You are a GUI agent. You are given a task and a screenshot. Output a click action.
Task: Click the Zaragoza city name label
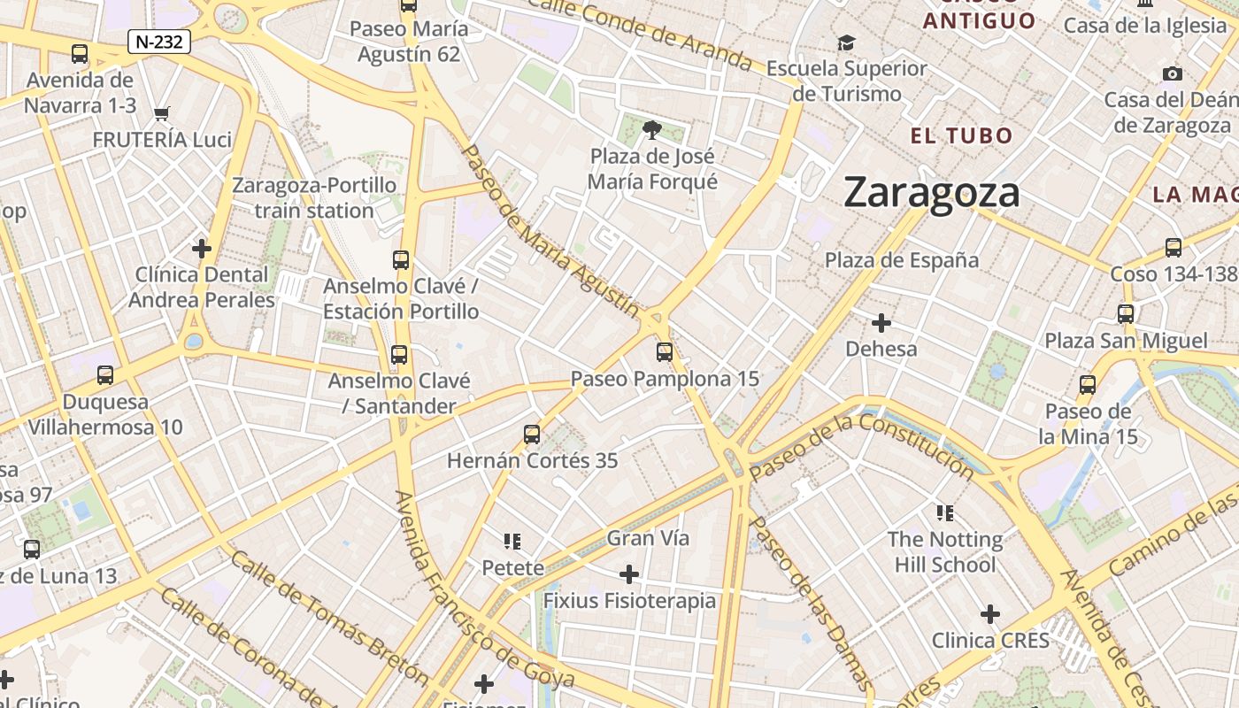coord(931,192)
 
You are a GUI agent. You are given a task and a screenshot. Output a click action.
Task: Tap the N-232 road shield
coord(159,42)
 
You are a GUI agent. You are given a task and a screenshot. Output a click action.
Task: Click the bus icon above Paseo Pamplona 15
coord(665,352)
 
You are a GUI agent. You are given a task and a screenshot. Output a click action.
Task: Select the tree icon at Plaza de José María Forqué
coord(652,130)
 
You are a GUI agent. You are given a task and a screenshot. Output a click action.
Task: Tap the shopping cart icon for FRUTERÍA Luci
coord(161,113)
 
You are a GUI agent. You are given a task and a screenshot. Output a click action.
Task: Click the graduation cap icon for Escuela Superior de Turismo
coord(847,42)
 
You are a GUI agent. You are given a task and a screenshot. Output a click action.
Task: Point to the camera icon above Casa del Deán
coord(1173,74)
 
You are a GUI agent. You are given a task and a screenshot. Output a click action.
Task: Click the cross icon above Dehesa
coord(881,322)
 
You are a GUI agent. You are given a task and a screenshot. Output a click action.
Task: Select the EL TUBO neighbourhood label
coord(962,135)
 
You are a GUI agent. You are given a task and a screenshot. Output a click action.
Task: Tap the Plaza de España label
coord(902,260)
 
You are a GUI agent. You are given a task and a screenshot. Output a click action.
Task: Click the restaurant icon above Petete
coord(512,541)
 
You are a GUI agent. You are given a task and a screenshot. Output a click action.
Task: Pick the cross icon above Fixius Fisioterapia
coord(629,575)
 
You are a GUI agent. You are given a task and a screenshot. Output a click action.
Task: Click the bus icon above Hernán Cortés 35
coord(532,435)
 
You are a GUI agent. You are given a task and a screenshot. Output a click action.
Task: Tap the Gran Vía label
coord(648,538)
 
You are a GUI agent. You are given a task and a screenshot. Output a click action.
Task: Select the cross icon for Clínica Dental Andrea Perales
coord(202,249)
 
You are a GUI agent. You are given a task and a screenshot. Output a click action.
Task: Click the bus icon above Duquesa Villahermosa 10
coord(105,375)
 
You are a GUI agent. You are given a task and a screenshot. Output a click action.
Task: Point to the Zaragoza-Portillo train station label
coord(314,197)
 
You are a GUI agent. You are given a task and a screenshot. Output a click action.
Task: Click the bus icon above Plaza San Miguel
coord(1126,314)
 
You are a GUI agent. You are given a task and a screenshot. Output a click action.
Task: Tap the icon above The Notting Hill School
coord(944,512)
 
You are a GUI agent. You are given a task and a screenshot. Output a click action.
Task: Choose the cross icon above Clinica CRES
coord(990,614)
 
